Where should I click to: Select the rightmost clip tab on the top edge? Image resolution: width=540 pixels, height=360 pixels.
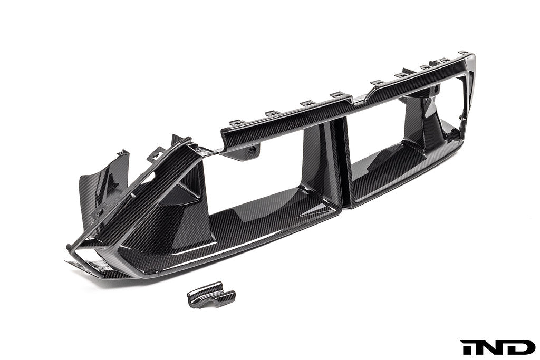click(464, 53)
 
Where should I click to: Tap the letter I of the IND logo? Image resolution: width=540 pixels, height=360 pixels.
click(466, 347)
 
